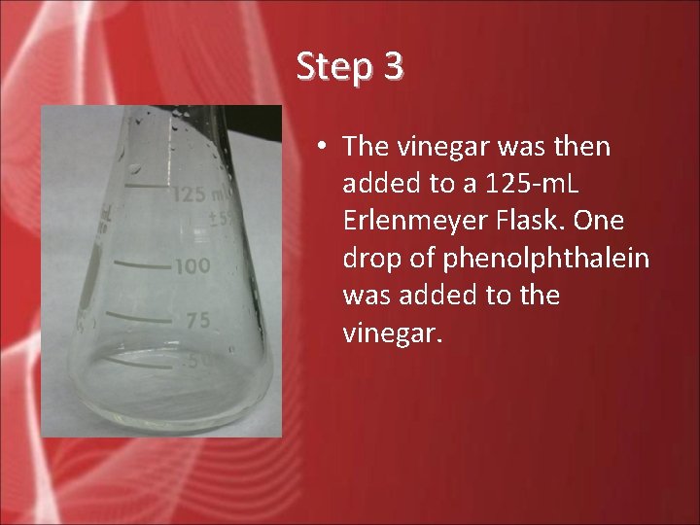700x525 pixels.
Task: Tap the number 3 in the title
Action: [393, 67]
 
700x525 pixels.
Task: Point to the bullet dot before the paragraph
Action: [320, 147]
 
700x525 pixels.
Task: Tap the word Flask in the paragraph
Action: [536, 221]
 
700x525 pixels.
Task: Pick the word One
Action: [601, 221]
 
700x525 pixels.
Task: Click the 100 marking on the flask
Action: [191, 265]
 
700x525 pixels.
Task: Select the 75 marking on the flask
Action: [197, 321]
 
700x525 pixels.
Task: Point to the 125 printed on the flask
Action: [190, 193]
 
